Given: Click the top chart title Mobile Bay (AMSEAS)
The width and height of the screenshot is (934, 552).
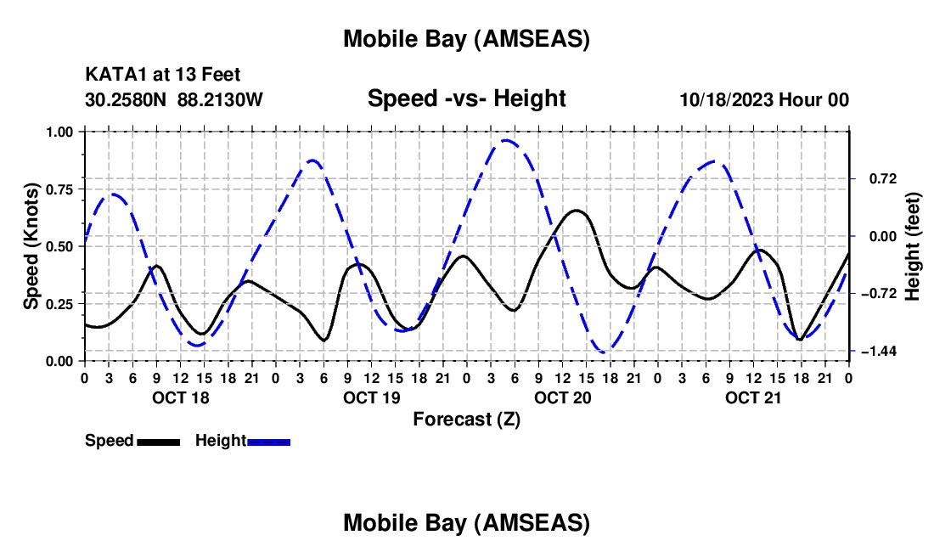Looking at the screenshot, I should (466, 38).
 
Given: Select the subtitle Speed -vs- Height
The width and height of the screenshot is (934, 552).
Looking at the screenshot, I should (466, 99).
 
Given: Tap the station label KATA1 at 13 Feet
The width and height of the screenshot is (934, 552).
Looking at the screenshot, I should (169, 76).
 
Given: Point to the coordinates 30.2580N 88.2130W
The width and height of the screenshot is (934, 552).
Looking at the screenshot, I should (174, 99).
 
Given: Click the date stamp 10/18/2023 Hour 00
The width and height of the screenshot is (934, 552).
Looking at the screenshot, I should (764, 99).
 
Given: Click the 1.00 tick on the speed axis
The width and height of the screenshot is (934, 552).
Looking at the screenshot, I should (59, 132).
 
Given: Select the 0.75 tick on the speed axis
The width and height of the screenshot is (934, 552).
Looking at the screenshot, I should (59, 189).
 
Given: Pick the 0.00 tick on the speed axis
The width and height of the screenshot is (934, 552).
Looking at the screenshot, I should (59, 361).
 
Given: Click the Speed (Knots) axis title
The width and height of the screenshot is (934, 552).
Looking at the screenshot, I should (31, 246).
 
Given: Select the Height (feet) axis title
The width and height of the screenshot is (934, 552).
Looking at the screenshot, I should (912, 246).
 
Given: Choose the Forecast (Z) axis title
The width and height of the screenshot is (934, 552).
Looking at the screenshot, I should (466, 419).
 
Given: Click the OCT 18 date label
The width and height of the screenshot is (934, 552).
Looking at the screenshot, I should (179, 397).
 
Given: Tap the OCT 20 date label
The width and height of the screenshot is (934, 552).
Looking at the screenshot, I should (561, 397).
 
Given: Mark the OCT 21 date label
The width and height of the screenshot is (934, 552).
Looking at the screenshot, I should (752, 397).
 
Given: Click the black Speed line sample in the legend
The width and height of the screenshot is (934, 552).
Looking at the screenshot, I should (158, 442).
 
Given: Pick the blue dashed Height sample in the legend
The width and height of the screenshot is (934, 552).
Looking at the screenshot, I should (269, 442).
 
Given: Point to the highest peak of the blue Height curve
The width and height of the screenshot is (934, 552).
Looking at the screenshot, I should (507, 141).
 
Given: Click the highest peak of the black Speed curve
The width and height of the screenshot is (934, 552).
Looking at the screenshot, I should (577, 210).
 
